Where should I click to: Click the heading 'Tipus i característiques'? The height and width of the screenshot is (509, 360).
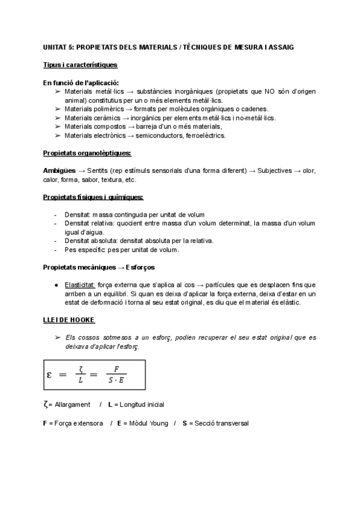80,64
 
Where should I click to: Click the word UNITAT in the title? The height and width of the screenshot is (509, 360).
56,46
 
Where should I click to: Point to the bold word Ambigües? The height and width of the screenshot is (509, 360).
59,171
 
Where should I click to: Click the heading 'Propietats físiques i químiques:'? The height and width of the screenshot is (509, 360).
93,197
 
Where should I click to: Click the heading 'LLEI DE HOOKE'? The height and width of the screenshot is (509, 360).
69,319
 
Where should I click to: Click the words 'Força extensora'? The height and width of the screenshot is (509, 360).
76,423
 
